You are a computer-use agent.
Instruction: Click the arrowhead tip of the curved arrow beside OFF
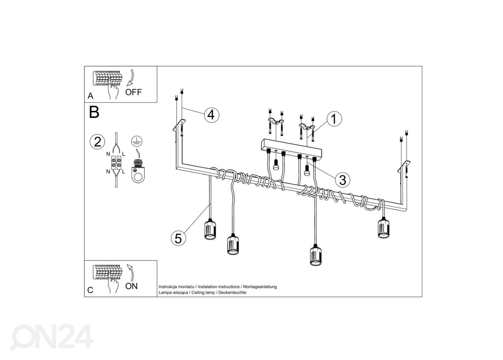(127, 86)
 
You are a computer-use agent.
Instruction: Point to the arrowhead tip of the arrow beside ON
(128, 264)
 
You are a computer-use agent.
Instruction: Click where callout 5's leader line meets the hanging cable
(210, 204)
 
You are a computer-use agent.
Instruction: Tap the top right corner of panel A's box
(157, 66)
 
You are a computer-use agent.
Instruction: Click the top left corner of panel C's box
(84, 261)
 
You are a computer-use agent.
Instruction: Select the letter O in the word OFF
(129, 92)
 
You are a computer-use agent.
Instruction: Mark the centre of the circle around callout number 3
(342, 180)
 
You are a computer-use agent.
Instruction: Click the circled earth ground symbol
(136, 141)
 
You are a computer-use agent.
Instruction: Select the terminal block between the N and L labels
(116, 162)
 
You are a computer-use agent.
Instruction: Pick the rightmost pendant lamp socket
(384, 228)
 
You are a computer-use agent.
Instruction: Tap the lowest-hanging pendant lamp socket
(316, 255)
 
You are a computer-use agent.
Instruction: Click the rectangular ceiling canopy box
(291, 149)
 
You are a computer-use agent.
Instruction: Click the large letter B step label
(94, 112)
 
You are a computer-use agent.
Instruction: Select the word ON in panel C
(131, 286)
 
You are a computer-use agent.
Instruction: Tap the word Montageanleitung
(260, 287)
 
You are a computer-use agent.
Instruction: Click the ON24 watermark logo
(51, 337)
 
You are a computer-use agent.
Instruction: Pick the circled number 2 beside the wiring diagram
(97, 142)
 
